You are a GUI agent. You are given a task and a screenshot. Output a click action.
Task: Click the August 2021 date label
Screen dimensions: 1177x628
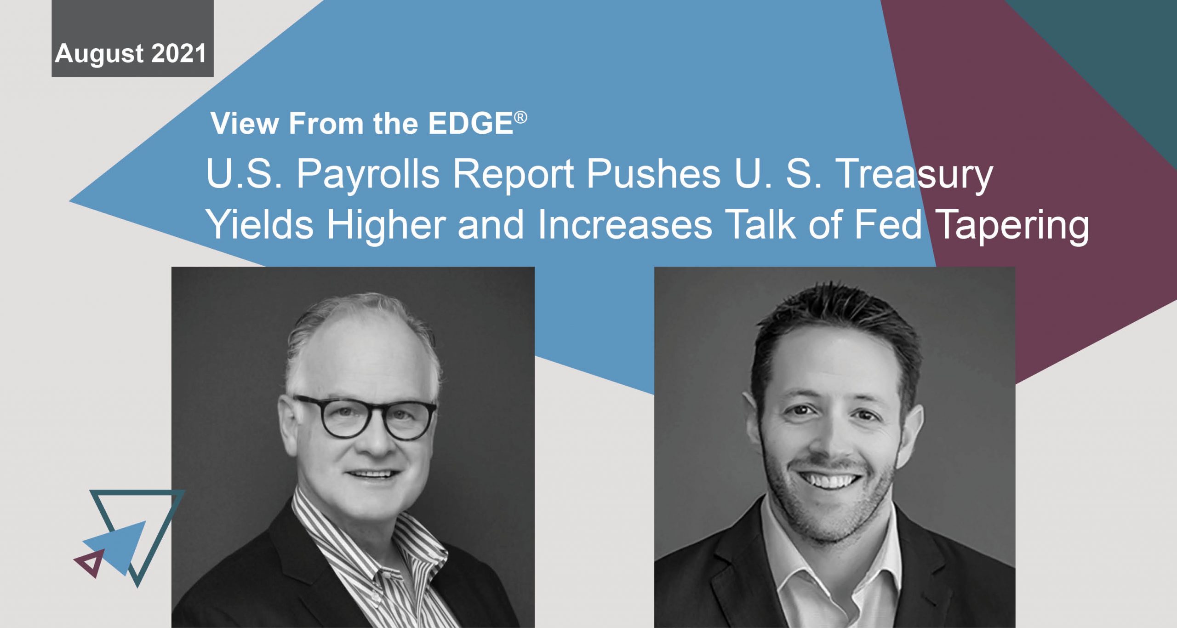pyautogui.click(x=131, y=54)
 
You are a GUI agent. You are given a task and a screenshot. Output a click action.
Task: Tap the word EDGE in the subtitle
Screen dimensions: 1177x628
pyautogui.click(x=470, y=124)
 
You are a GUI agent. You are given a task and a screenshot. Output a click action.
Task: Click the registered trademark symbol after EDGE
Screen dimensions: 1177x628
pyautogui.click(x=521, y=118)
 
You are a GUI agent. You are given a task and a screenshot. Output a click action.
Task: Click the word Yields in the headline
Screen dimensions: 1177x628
pyautogui.click(x=260, y=225)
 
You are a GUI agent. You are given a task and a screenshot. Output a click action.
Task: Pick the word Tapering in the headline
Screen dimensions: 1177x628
pyautogui.click(x=1011, y=225)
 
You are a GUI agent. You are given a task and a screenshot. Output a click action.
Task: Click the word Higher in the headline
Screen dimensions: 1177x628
pyautogui.click(x=386, y=225)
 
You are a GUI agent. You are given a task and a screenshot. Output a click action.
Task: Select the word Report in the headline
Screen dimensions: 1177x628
pyautogui.click(x=513, y=175)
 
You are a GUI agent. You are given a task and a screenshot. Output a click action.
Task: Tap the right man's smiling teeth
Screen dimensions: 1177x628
pyautogui.click(x=830, y=481)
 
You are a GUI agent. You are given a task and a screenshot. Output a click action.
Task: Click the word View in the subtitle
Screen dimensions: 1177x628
pyautogui.click(x=245, y=124)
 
